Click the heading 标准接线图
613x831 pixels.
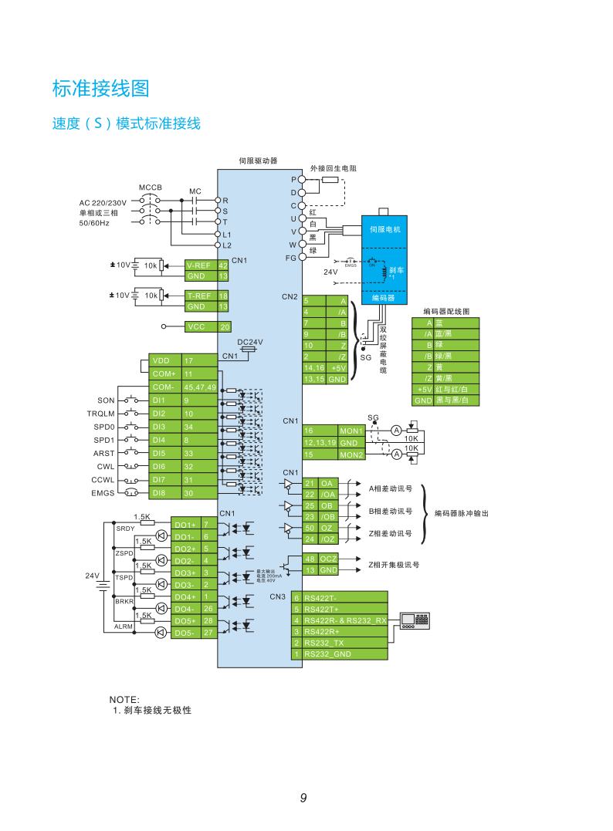[x=100, y=89]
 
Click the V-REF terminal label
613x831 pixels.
[x=199, y=265]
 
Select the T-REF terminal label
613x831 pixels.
[x=199, y=295]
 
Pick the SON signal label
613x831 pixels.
[x=106, y=400]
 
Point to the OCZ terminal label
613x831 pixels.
[x=329, y=558]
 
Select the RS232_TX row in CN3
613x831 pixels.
[x=340, y=642]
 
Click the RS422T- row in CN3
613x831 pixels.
[x=340, y=597]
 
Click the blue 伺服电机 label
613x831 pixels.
[x=384, y=229]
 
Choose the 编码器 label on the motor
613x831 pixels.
[x=384, y=297]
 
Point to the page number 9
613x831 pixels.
[x=303, y=798]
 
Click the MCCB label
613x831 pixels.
[x=151, y=187]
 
